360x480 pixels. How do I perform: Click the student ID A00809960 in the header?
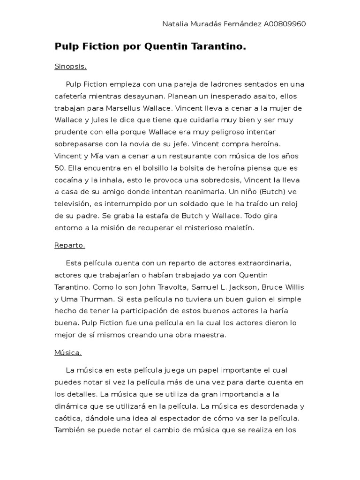285,24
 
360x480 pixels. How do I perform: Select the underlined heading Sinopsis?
70,67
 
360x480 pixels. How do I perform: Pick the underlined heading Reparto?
69,245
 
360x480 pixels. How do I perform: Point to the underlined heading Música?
68,352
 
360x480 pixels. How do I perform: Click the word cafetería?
72,96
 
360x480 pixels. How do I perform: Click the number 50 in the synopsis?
59,168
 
